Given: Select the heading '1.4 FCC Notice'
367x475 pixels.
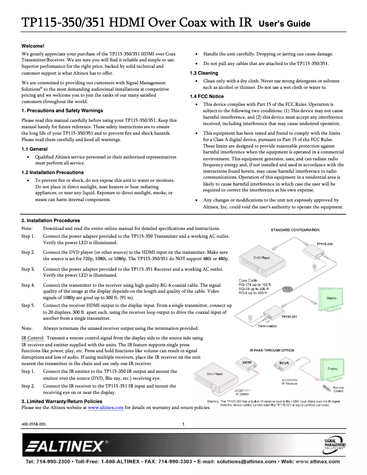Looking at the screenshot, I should pos(207,96).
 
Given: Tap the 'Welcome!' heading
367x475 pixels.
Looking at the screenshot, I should pos(33,46).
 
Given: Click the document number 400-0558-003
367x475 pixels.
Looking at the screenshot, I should pos(33,424).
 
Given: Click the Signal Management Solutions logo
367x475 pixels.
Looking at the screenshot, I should pos(335,445).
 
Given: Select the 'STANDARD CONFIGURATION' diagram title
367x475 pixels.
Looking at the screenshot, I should pos(295,230).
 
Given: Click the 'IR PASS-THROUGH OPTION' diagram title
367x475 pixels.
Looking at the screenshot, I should pos(272,350).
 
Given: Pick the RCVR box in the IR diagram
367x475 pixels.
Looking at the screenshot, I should pos(284,363).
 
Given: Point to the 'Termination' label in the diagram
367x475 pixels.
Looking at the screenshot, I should pos(267,326).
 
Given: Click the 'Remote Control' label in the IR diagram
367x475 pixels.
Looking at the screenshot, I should pos(338,390).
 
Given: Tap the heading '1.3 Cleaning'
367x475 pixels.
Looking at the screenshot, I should pos(204,73).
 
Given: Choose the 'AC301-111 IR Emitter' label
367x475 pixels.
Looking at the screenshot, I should pos(242,392).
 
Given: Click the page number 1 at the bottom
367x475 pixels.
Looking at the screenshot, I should pos(183,424).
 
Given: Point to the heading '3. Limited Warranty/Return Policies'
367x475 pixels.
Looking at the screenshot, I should pos(62,401).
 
